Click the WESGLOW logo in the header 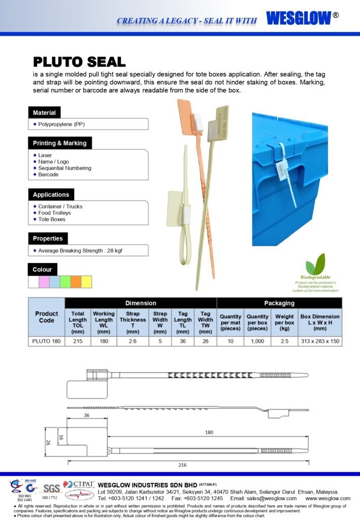pos(299,18)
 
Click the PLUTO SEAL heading pos(79,62)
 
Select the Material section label pos(44,112)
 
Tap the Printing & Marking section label pos(59,143)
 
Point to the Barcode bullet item pos(48,175)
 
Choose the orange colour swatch pos(76,282)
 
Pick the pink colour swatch pos(44,282)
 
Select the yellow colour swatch pos(87,282)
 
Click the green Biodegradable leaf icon pos(315,265)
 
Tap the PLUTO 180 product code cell pos(46,341)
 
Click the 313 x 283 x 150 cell pos(319,341)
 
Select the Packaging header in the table pos(279,303)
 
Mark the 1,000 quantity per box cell pos(257,341)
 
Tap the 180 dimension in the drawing pos(208,433)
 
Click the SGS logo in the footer pos(51,489)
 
